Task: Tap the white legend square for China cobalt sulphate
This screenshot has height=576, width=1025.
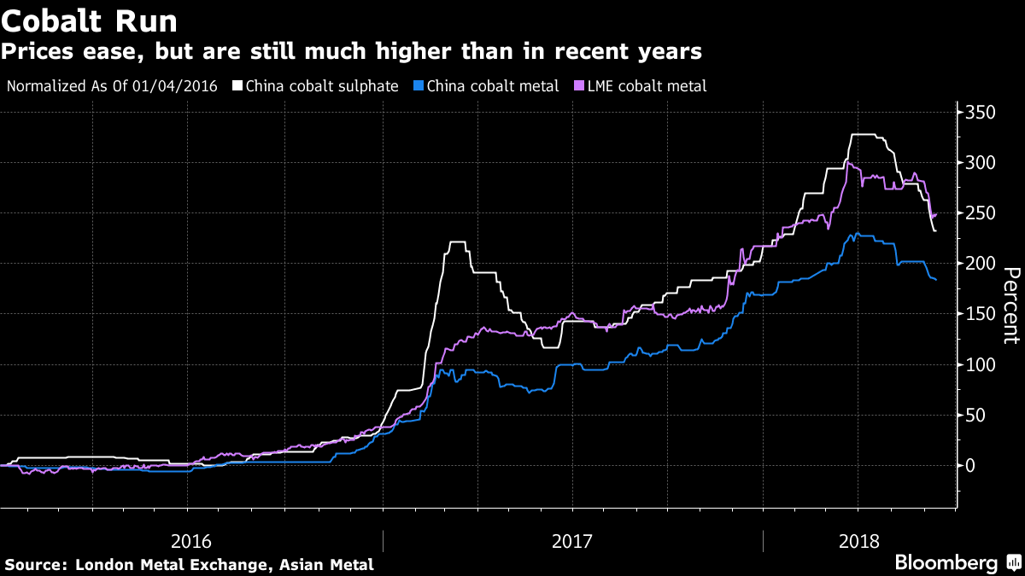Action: (x=238, y=85)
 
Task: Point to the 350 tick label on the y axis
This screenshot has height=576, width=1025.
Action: (x=981, y=112)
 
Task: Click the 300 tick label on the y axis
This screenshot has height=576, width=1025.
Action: (x=981, y=162)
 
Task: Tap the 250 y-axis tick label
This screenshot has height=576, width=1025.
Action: (x=981, y=212)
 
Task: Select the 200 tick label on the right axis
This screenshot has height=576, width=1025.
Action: (x=981, y=263)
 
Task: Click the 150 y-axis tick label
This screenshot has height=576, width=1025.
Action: (x=981, y=314)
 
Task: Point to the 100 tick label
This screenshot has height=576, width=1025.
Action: (x=981, y=364)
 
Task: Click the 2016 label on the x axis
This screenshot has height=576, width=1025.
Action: (x=191, y=541)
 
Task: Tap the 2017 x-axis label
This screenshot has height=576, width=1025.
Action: (x=573, y=541)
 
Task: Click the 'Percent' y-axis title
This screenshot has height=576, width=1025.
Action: (x=1011, y=305)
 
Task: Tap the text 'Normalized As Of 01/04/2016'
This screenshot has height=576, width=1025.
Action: (x=112, y=85)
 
